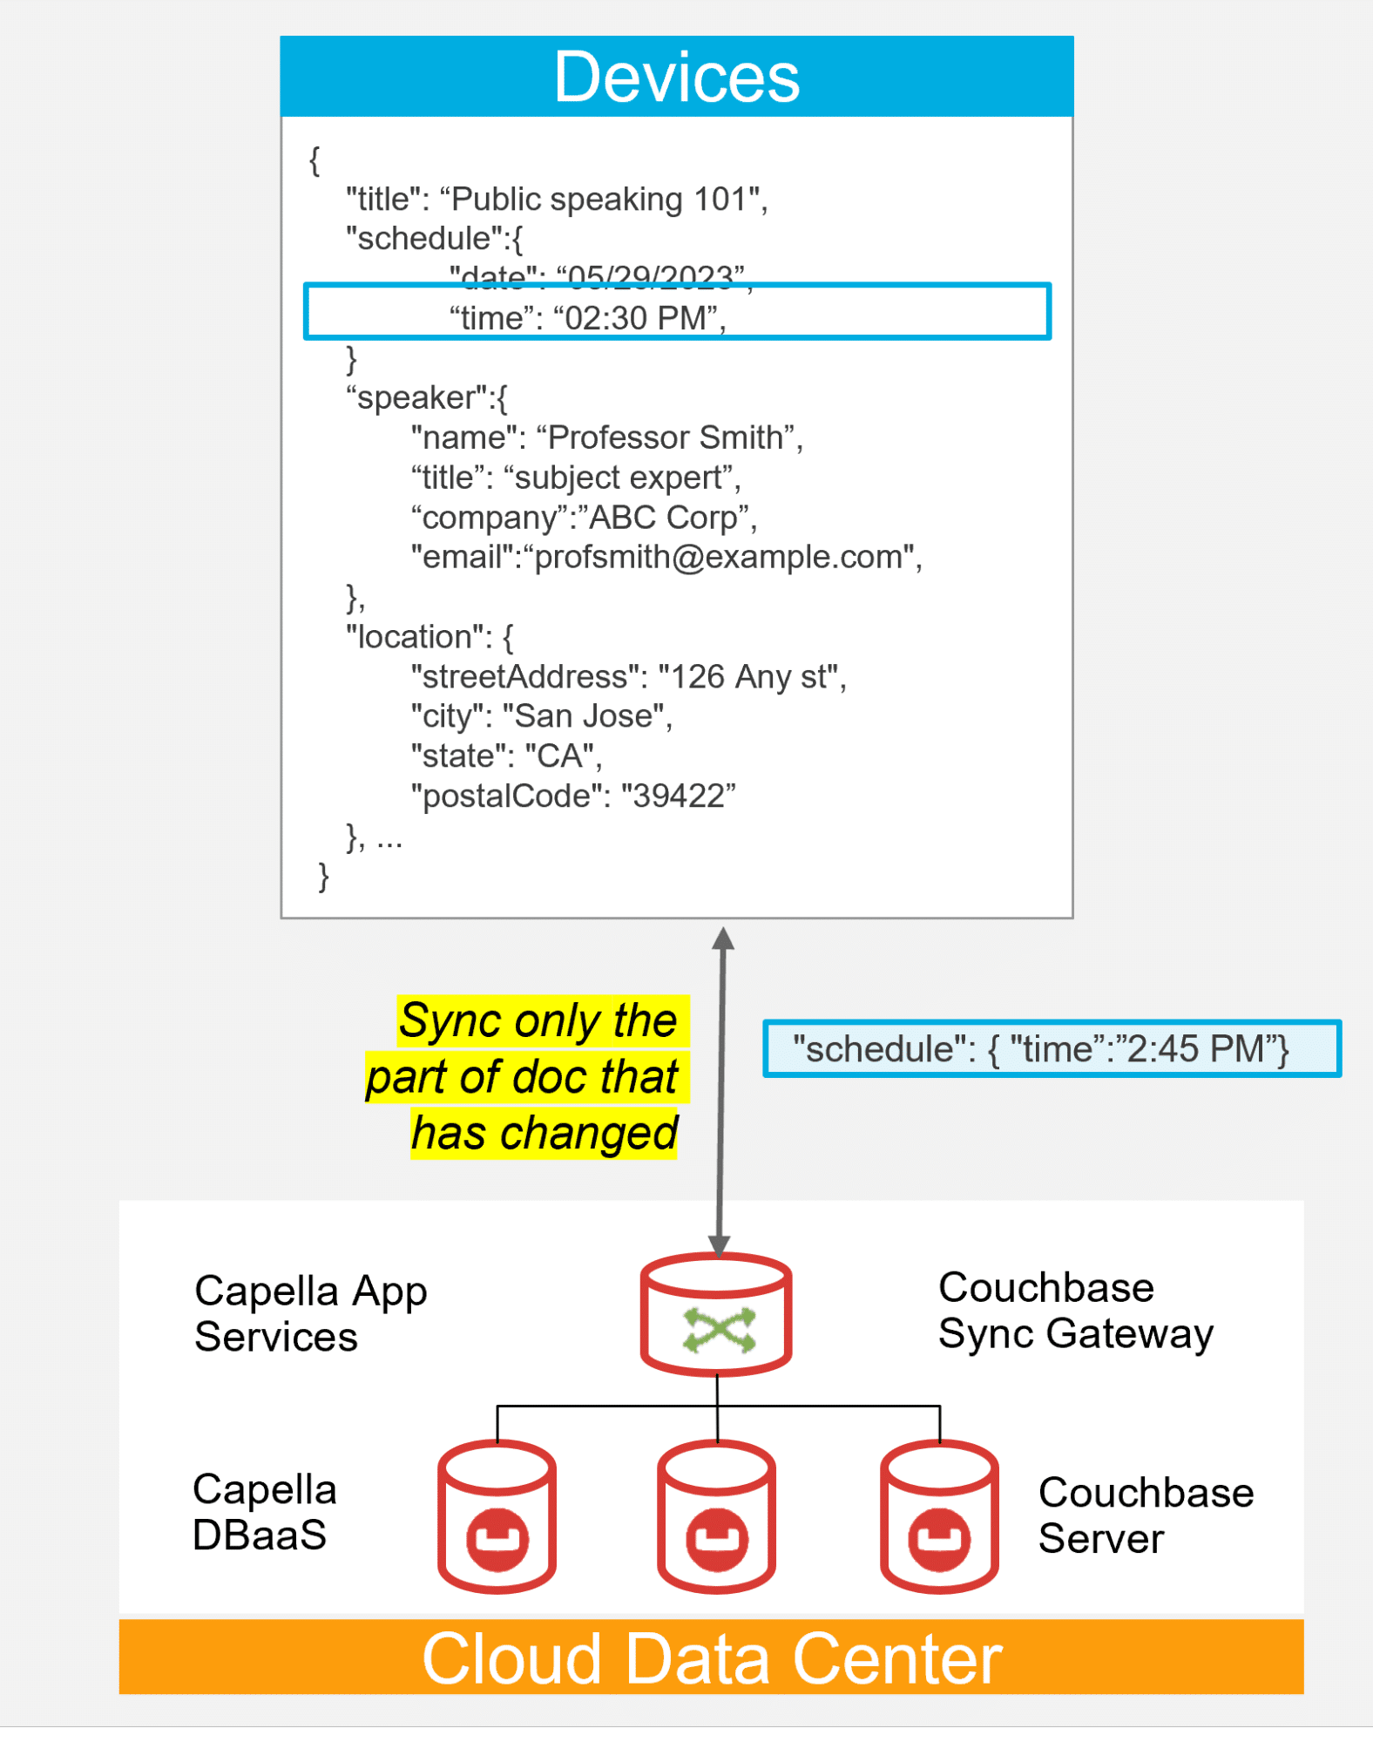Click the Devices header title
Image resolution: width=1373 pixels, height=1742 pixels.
coord(676,77)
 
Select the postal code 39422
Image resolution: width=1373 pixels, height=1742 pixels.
coord(678,796)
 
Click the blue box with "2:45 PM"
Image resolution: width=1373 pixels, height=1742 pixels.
coord(1051,1049)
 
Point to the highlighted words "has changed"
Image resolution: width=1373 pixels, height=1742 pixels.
coord(544,1133)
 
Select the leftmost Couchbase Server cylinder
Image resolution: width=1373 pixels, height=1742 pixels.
coord(497,1516)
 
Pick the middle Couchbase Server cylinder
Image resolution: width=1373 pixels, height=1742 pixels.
coord(716,1516)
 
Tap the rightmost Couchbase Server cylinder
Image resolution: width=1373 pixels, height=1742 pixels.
coord(939,1516)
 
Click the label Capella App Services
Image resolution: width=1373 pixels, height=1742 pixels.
coord(310,1314)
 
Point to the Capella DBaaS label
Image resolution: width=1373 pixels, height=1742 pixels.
coord(264,1512)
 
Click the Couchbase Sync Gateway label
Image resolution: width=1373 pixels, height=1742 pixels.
coord(1075,1311)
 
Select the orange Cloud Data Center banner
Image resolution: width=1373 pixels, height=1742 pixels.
coord(711,1657)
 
